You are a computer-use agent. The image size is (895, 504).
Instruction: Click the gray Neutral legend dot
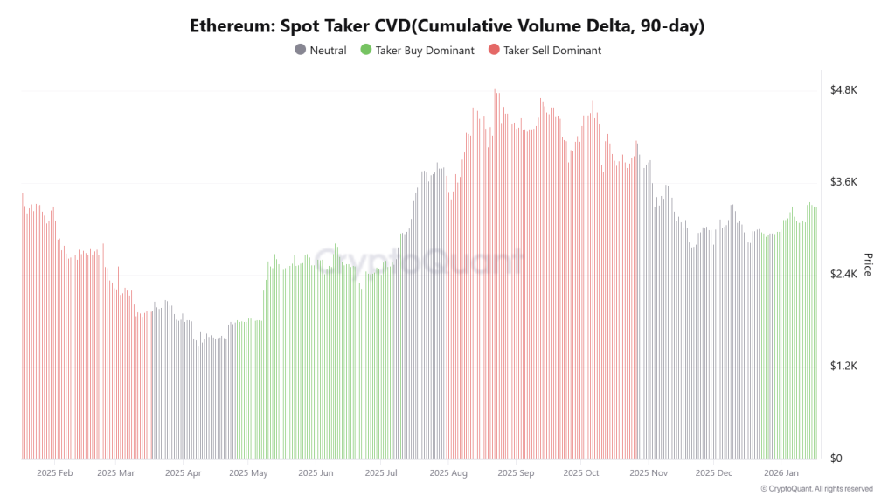[301, 51]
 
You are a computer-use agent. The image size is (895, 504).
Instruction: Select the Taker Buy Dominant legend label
[425, 51]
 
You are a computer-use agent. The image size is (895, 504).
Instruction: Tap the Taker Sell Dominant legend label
[552, 51]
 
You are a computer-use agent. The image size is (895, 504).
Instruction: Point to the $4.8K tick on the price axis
[843, 89]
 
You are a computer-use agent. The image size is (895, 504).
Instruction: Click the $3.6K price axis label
[843, 182]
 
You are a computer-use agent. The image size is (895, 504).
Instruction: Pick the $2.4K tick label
[843, 274]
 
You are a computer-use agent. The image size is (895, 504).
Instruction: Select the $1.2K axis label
[843, 366]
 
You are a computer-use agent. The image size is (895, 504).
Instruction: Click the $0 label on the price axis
[836, 458]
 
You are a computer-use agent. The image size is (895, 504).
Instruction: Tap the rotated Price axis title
[868, 264]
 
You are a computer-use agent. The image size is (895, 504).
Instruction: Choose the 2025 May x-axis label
[248, 473]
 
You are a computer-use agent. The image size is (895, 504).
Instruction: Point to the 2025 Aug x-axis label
[448, 473]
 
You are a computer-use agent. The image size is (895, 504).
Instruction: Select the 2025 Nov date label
[648, 473]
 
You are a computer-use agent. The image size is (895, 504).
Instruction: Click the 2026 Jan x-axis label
[781, 473]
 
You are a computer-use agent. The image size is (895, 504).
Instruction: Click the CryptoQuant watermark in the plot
[420, 261]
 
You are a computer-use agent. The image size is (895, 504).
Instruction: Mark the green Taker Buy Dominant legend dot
[366, 51]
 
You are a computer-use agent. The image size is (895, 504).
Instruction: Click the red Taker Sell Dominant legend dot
[495, 51]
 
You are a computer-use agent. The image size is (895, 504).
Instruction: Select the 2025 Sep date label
[516, 473]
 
